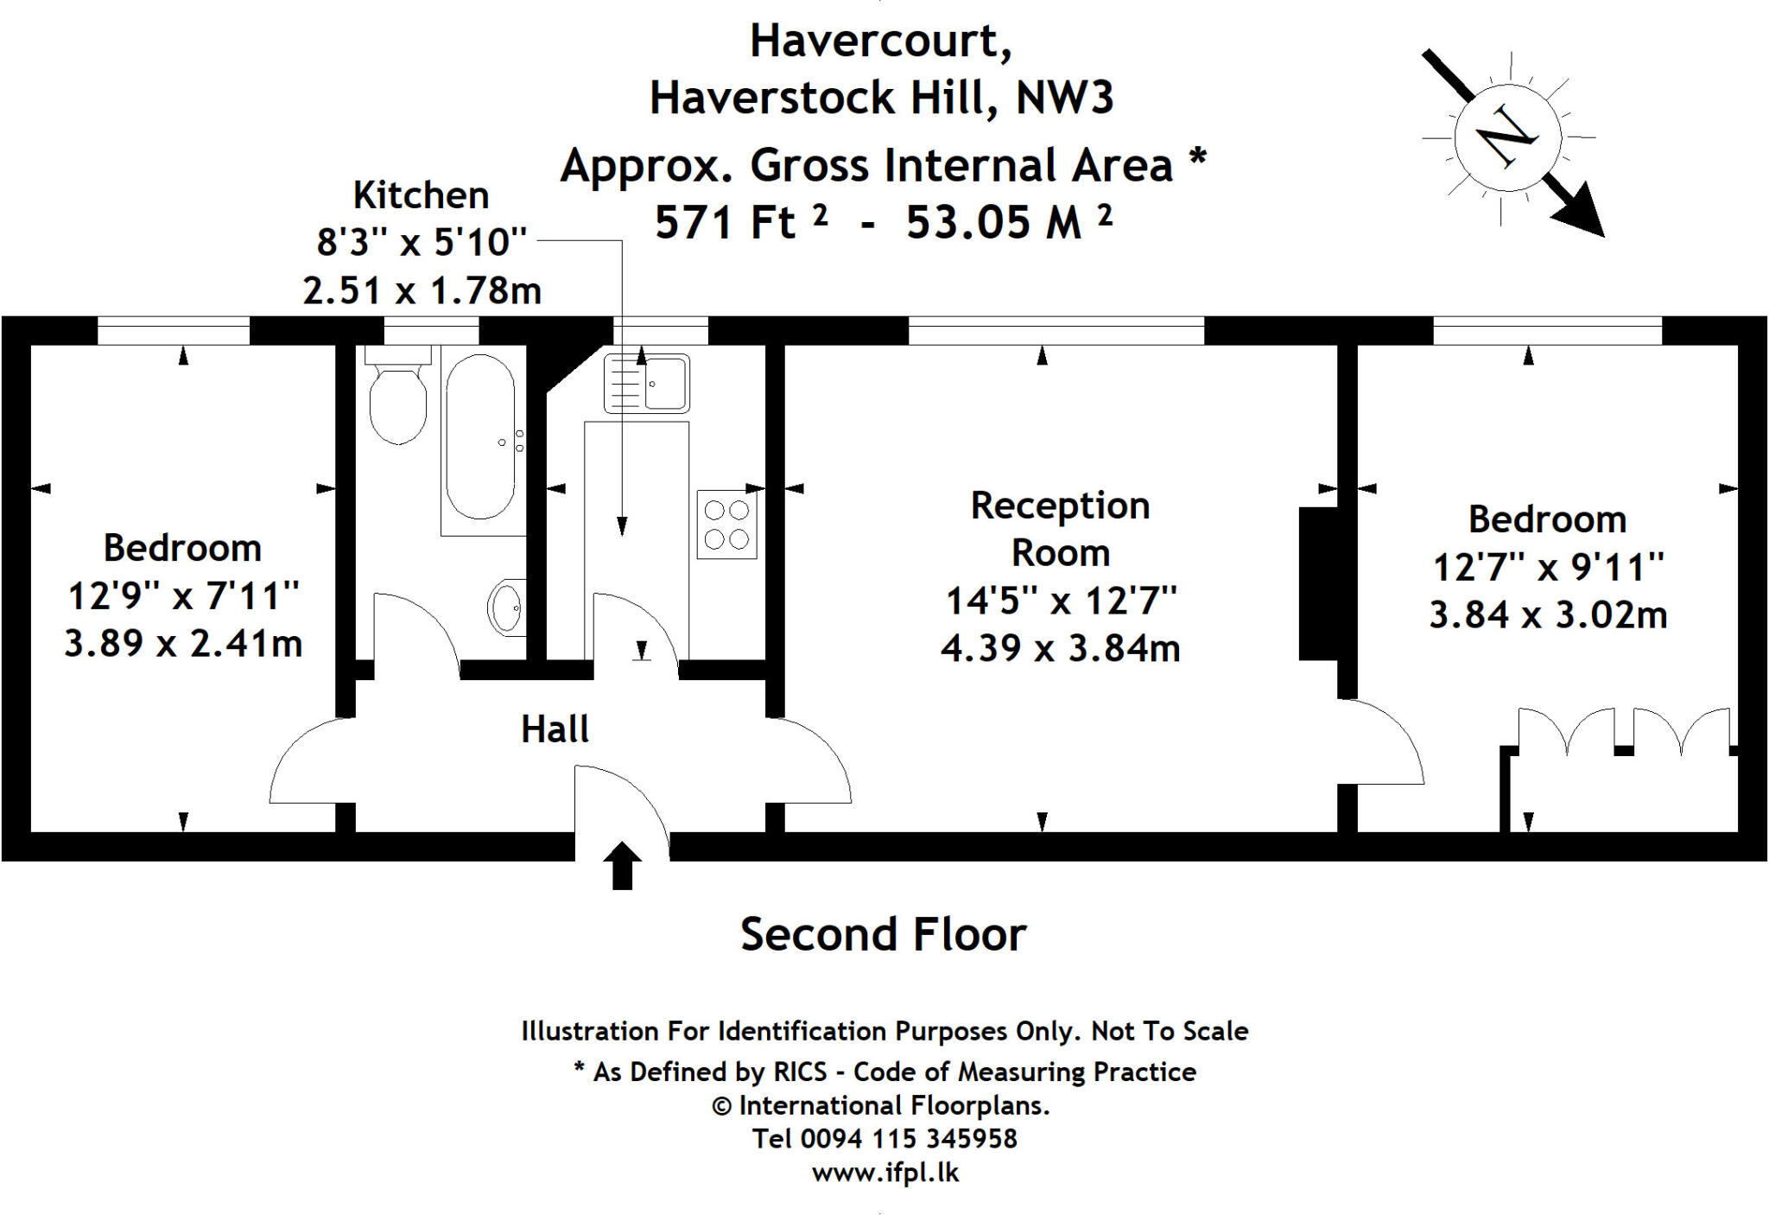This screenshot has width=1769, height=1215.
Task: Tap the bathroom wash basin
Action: [x=507, y=607]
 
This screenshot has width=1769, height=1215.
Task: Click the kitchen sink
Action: [x=647, y=383]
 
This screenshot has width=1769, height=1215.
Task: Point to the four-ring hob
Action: [x=726, y=525]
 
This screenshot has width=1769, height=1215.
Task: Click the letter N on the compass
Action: [x=1506, y=137]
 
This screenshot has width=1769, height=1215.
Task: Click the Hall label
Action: [x=555, y=729]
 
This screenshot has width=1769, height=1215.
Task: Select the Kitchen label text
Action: [x=422, y=195]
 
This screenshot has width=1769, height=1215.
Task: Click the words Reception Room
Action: [x=1060, y=529]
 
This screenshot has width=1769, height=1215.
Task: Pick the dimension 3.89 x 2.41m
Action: [x=183, y=644]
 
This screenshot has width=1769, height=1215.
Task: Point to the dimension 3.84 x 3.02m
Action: [x=1548, y=615]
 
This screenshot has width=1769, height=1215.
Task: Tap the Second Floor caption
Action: [x=883, y=934]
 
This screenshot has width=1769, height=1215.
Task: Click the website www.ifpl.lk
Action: [x=884, y=1173]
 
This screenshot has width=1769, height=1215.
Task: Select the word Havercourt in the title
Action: [x=880, y=41]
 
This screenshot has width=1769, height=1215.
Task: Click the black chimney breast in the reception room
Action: [x=1319, y=584]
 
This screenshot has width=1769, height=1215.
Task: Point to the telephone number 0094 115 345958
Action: [x=909, y=1138]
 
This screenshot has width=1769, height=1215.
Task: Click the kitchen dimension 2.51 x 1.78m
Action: [x=422, y=290]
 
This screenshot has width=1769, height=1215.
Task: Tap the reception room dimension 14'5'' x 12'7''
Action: [x=1061, y=601]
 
